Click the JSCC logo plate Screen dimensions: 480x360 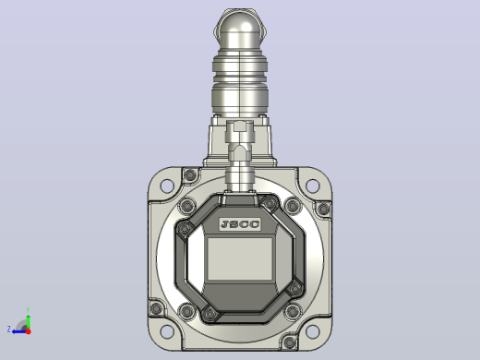tap(240, 224)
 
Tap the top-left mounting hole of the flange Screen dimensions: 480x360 tap(167, 186)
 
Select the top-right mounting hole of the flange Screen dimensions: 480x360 tap(313, 186)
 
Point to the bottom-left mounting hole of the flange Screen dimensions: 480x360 tap(167, 331)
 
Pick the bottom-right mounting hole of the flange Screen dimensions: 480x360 tap(313, 331)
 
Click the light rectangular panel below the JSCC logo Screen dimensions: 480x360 tap(240, 258)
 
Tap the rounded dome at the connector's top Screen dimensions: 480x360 tap(240, 30)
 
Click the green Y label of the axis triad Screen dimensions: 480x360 tap(28, 310)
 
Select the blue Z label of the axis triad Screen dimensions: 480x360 tap(8, 330)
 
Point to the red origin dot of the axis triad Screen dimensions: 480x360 tap(29, 331)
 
